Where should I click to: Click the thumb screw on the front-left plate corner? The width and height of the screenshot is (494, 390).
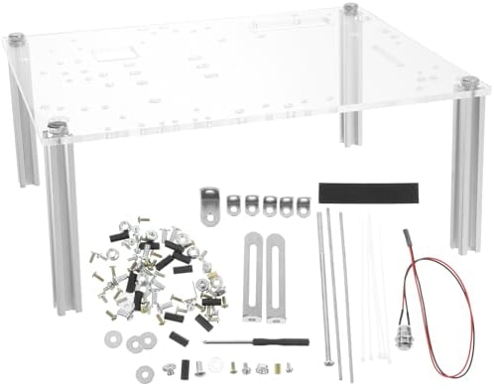57,126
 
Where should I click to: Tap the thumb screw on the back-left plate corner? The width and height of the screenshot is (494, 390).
17,39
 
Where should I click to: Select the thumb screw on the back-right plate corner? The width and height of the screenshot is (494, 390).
350,9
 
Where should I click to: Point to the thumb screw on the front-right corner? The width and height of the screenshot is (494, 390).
468,84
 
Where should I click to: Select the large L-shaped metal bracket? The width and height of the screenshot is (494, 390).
208,205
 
